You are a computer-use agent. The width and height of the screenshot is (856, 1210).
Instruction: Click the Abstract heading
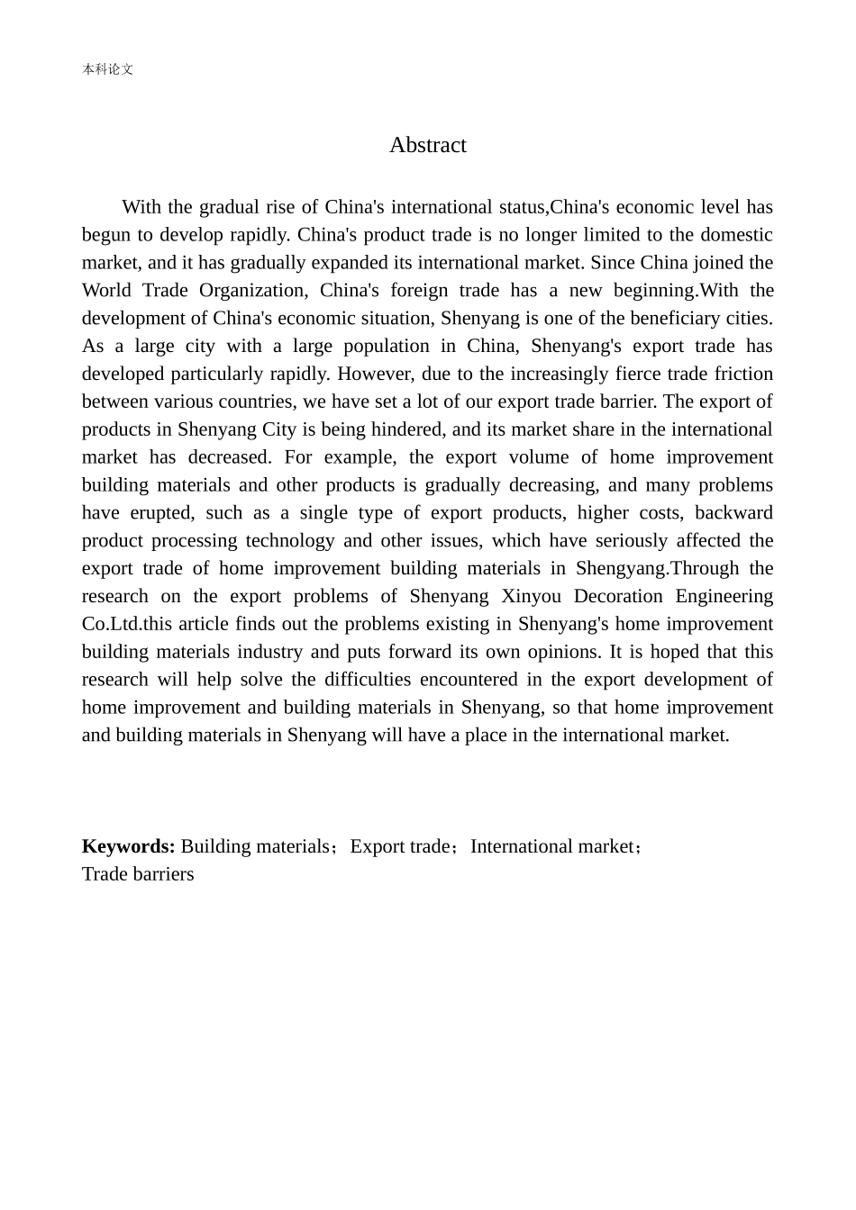point(427,145)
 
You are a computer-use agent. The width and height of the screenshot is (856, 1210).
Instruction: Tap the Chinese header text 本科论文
point(107,69)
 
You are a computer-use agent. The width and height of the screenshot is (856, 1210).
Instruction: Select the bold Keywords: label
point(128,846)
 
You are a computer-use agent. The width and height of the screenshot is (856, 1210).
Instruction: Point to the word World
point(106,290)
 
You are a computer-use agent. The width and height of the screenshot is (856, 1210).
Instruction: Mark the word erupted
point(161,512)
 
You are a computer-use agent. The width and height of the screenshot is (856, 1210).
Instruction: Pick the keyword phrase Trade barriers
point(138,874)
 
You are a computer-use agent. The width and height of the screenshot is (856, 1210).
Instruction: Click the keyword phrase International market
point(551,846)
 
